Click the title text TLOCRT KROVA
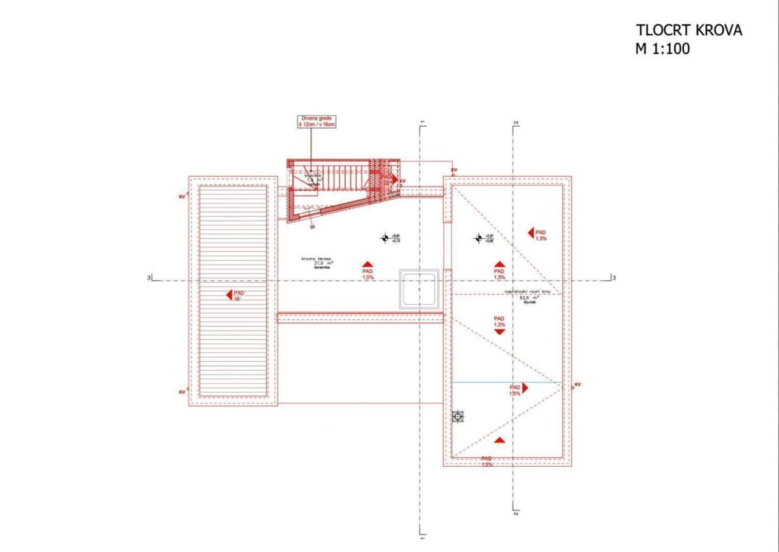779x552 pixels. [x=689, y=30]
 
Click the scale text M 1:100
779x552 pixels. [x=663, y=49]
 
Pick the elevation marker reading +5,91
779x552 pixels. [x=385, y=238]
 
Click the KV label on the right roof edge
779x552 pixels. [x=577, y=384]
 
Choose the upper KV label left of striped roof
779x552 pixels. [x=182, y=197]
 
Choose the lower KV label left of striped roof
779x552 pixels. [x=182, y=392]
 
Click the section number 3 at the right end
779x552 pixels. [x=614, y=278]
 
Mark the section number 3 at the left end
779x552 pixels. [x=148, y=278]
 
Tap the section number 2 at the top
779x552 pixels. [x=515, y=124]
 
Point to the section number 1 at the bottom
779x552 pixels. [x=421, y=537]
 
